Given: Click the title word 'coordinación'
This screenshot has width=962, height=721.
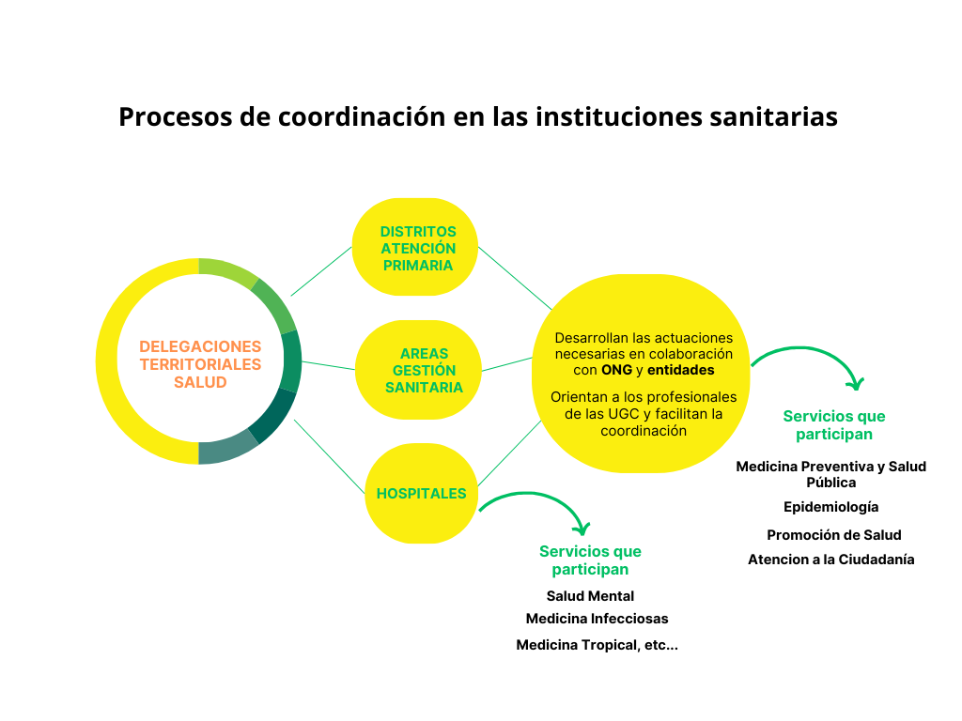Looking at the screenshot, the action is pos(362,116).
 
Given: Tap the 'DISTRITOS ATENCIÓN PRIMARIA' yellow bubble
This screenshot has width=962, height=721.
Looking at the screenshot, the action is pos(415,247).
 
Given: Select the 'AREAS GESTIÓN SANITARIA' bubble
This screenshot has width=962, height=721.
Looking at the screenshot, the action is pos(418,370).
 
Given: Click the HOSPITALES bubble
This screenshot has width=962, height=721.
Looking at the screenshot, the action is pos(422,493).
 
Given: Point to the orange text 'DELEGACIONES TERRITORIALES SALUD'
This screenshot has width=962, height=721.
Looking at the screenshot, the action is pos(200,364).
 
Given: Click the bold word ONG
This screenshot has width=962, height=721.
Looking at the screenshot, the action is pos(616,370).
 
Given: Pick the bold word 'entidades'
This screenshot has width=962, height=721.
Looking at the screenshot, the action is pos(681,370).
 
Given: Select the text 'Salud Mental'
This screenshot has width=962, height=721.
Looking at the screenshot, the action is pos(590,596).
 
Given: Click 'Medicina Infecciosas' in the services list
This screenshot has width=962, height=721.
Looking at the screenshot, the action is pos(597,619).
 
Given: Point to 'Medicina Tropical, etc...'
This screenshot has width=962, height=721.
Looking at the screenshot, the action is pos(597,645).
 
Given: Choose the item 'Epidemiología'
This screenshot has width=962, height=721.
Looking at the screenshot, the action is pos(830,507).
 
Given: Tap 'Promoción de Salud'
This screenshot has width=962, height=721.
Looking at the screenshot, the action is pos(834,534).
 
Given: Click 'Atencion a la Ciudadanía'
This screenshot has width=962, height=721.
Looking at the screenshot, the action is pos(830,560).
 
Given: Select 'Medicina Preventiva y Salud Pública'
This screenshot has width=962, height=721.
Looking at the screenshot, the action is pos(830,474).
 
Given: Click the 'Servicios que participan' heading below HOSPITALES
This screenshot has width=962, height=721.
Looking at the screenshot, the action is pos(590,560).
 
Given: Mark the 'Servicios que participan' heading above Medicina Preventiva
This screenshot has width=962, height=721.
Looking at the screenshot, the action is pos(834,425).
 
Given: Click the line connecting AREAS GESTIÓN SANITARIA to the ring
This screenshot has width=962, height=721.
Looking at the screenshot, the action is pos(328,365).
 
